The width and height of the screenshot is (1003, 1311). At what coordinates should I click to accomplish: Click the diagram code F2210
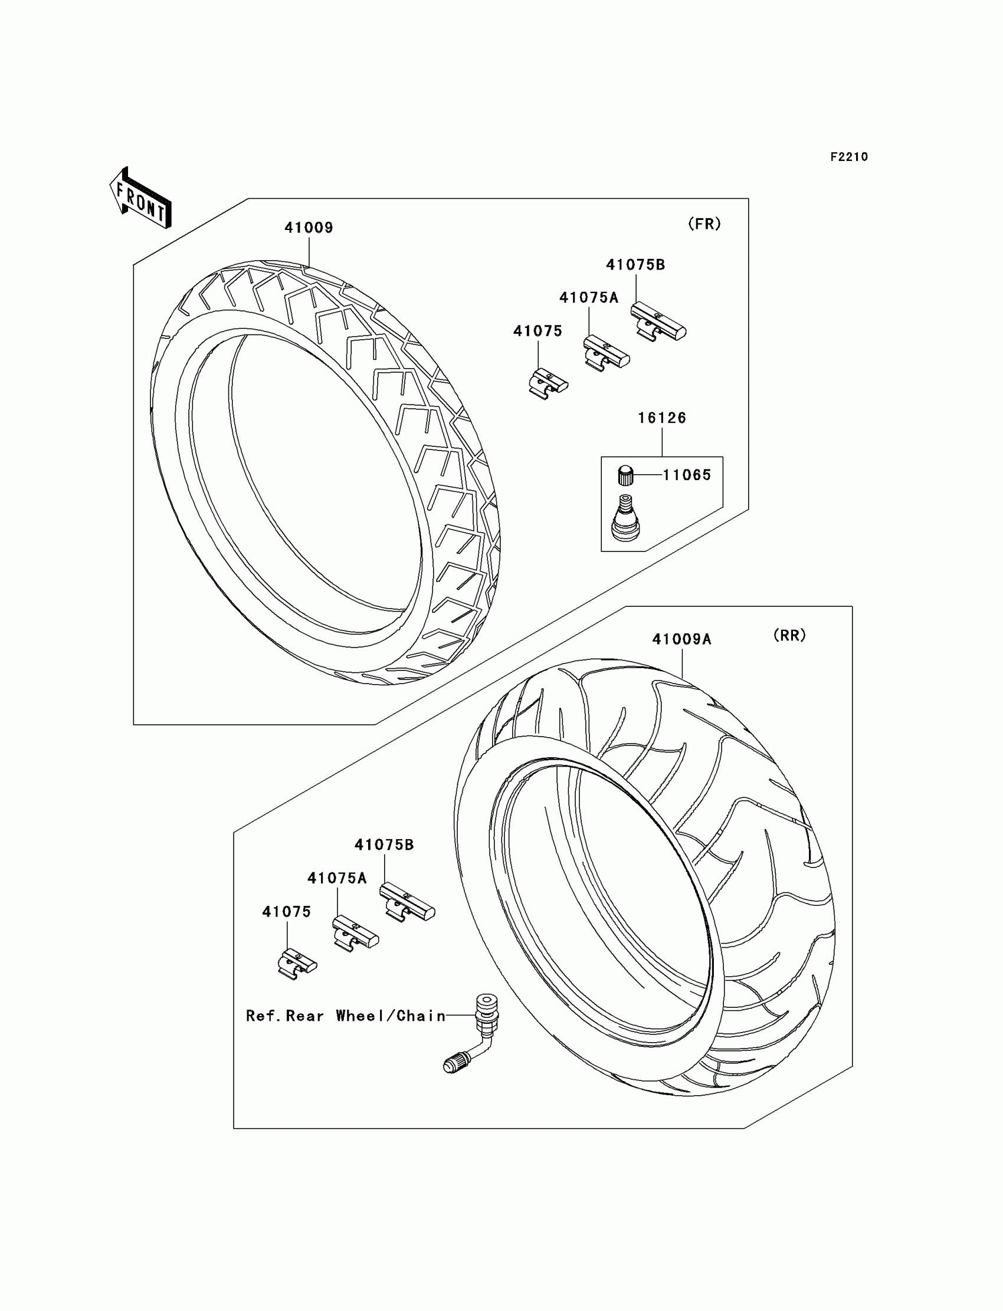tap(849, 157)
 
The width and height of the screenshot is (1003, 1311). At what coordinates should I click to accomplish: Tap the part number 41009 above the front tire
tap(308, 228)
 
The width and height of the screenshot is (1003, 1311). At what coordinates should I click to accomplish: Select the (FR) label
tap(704, 224)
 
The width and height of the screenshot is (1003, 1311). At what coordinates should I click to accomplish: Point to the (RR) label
tap(789, 636)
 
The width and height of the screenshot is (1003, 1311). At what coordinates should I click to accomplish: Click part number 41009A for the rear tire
tap(682, 639)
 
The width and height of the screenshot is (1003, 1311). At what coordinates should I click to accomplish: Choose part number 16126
tap(662, 418)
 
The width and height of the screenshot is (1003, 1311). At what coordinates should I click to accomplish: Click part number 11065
tap(687, 475)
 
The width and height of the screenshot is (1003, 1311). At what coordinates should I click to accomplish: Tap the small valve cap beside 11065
tap(625, 475)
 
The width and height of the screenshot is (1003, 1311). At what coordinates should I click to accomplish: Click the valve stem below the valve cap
tap(625, 518)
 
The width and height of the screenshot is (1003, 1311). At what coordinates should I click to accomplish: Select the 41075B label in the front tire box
tap(635, 264)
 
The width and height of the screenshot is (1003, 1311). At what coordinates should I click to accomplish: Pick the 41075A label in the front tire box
tap(589, 297)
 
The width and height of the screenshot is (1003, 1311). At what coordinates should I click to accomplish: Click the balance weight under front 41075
tap(548, 383)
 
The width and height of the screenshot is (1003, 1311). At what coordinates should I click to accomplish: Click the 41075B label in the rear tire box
tap(384, 845)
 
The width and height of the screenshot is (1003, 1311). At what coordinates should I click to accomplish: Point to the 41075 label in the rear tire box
tap(287, 911)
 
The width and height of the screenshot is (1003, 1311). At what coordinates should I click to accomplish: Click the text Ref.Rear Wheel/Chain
tap(346, 1016)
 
